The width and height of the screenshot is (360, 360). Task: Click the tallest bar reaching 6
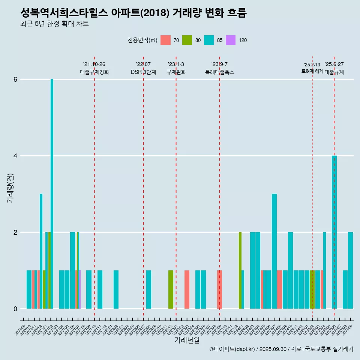point(52,193)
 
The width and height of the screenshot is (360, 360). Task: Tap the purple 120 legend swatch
point(231,40)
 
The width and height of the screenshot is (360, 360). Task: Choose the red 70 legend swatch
point(165,40)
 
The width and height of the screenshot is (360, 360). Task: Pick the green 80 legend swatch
point(187,40)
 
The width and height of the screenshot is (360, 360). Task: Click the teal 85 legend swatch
point(209,40)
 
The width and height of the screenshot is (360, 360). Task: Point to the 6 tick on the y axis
point(15,79)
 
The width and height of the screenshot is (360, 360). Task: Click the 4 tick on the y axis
point(15,156)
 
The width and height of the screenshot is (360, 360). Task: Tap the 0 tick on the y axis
point(15,309)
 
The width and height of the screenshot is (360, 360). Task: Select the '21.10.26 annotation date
point(94,64)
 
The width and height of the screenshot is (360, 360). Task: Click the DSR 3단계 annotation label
point(143,72)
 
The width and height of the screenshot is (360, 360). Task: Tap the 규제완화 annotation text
point(176,72)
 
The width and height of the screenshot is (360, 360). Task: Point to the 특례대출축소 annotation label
point(220,72)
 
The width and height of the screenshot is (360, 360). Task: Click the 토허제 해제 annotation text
point(312,71)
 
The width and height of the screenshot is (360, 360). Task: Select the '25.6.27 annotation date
point(334,64)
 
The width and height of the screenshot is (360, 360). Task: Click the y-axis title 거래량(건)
point(10,187)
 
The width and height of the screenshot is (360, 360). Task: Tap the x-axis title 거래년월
point(187,340)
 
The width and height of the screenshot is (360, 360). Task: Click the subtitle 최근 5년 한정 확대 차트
point(55,24)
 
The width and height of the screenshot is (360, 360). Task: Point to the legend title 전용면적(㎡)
point(142,40)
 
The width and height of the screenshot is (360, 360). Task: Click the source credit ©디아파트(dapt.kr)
point(232,349)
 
